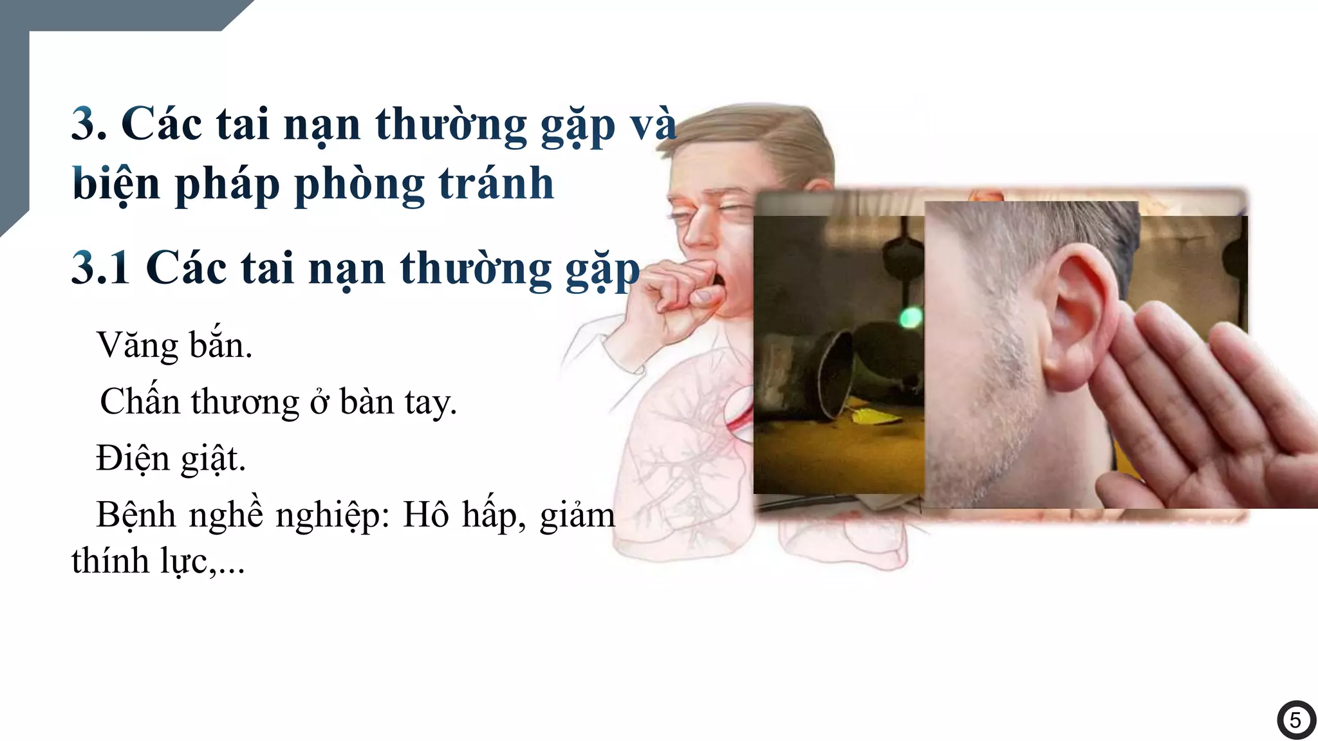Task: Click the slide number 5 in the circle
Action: point(1295,720)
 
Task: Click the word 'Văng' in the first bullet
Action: point(138,346)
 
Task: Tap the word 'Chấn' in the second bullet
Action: point(140,402)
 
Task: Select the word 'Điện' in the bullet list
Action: point(133,459)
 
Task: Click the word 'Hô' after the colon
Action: point(425,515)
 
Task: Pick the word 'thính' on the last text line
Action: point(110,561)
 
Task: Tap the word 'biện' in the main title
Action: point(116,185)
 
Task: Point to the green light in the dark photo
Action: point(910,317)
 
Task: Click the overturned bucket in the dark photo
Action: point(830,373)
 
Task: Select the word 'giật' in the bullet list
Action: point(213,460)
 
